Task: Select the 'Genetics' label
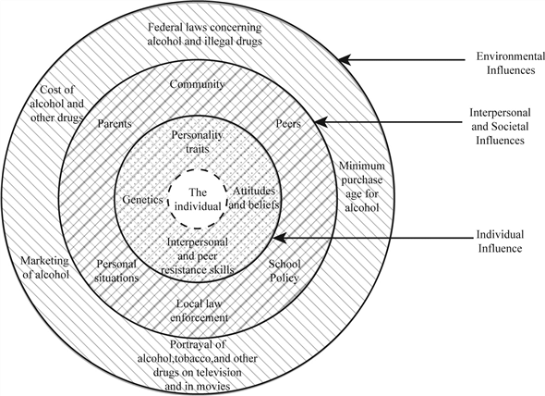click(142, 198)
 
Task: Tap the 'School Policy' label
click(285, 270)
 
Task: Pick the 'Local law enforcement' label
click(200, 310)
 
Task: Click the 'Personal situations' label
click(116, 270)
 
